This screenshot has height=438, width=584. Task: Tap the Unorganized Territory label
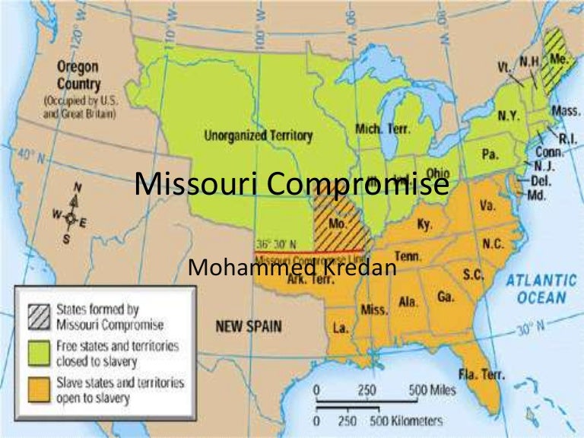click(x=258, y=135)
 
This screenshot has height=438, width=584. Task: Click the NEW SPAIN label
click(x=248, y=327)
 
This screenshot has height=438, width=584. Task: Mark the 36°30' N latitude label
click(x=276, y=243)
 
